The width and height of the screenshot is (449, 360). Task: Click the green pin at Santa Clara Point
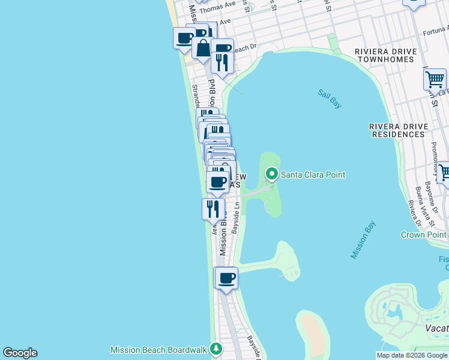pyautogui.click(x=272, y=175)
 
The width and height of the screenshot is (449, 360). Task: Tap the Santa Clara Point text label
pyautogui.click(x=313, y=175)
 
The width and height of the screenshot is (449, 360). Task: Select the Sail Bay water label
pyautogui.click(x=330, y=99)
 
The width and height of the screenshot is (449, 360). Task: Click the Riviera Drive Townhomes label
pyautogui.click(x=393, y=55)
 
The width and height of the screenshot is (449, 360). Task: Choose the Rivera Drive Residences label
pyautogui.click(x=397, y=130)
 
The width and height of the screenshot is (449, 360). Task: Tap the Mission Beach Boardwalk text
pyautogui.click(x=158, y=350)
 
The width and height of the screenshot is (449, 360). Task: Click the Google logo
pyautogui.click(x=20, y=353)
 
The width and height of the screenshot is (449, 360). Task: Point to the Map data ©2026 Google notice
pyautogui.click(x=412, y=355)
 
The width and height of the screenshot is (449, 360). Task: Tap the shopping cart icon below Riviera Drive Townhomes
pyautogui.click(x=435, y=79)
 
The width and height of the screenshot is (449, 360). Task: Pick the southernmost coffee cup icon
pyautogui.click(x=227, y=278)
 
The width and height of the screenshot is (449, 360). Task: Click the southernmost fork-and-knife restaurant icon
pyautogui.click(x=213, y=208)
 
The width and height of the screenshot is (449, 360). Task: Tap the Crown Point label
pyautogui.click(x=423, y=235)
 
